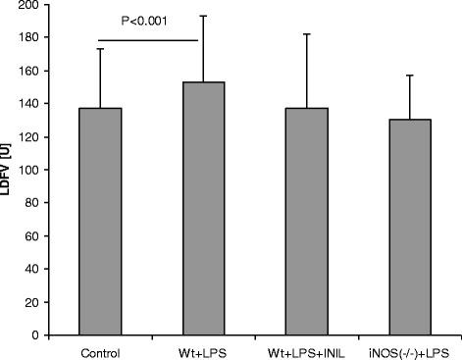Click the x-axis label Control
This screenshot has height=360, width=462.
click(101, 350)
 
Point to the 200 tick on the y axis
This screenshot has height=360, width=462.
click(37, 5)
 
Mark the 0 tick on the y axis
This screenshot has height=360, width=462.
click(43, 334)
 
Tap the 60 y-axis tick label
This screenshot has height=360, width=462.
click(40, 235)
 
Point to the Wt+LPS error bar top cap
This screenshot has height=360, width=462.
click(203, 16)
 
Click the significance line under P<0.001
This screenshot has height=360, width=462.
click(147, 40)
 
